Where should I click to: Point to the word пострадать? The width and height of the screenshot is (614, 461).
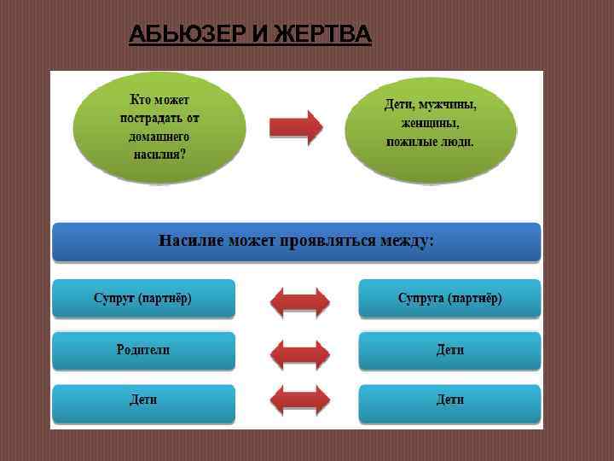click(159, 119)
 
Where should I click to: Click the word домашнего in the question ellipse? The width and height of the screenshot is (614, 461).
click(159, 137)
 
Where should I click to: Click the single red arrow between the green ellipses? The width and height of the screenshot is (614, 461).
click(296, 127)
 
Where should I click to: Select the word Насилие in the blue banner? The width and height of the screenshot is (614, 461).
click(190, 241)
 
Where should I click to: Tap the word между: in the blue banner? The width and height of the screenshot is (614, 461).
click(408, 241)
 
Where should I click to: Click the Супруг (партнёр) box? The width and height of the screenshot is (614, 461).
click(143, 299)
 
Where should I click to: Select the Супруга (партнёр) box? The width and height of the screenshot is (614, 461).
click(449, 299)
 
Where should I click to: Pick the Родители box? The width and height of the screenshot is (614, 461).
click(143, 350)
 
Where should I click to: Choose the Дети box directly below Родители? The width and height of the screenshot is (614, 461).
click(143, 400)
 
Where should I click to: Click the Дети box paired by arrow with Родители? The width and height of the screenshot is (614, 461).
click(449, 350)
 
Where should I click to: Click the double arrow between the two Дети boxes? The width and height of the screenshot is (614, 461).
click(299, 400)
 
